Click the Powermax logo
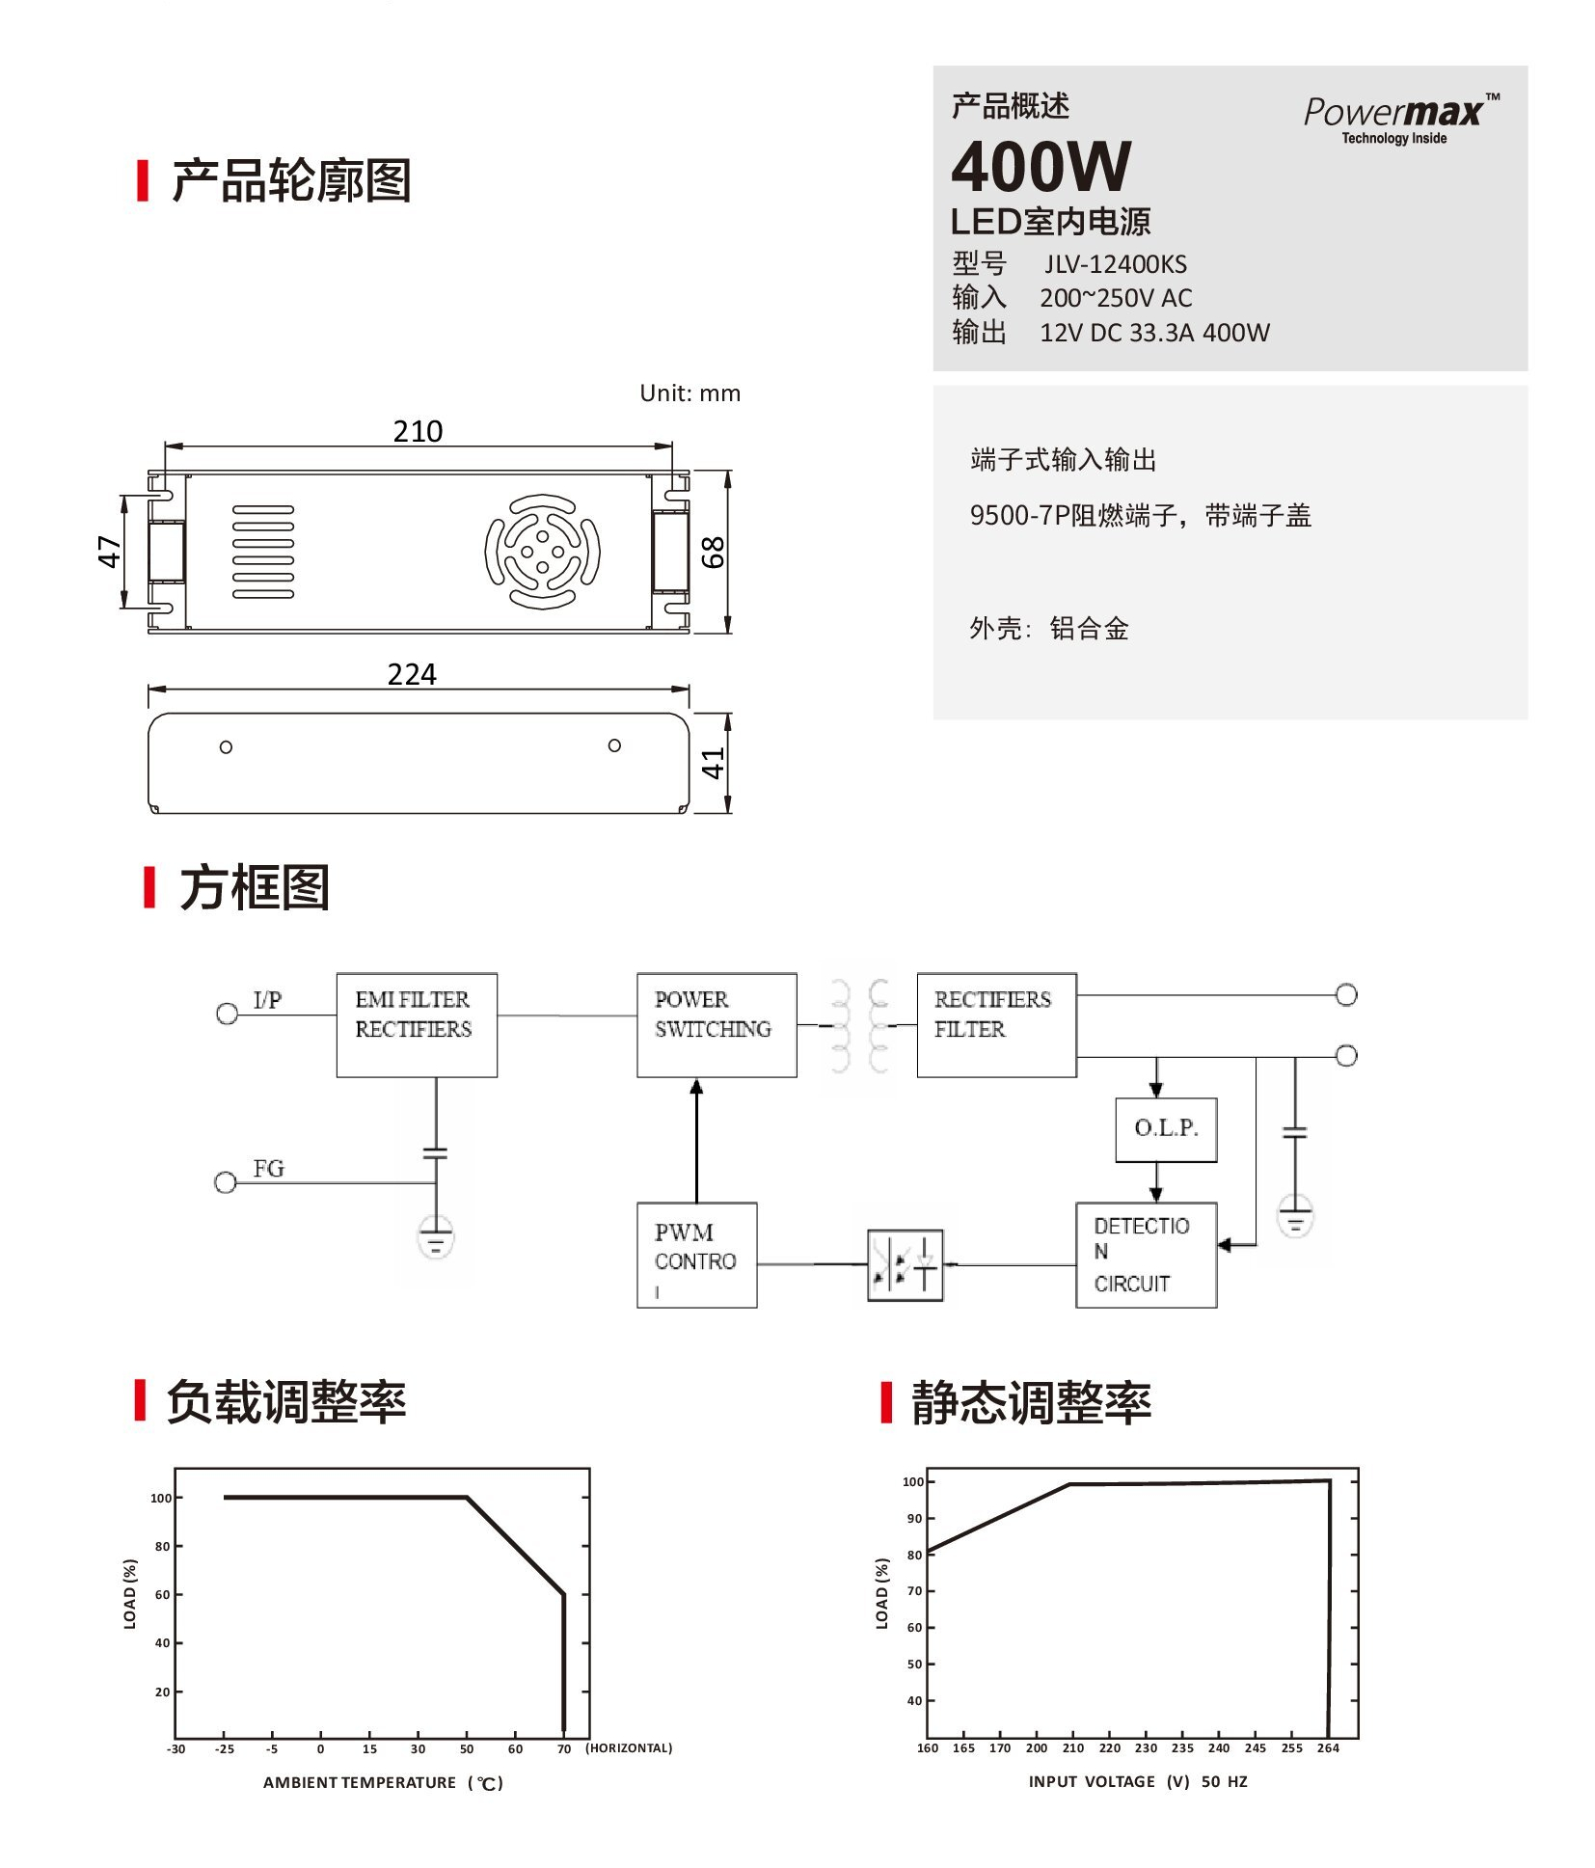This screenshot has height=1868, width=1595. (1401, 119)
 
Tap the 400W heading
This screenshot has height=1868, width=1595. (1041, 167)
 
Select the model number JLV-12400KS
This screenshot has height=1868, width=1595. (1115, 264)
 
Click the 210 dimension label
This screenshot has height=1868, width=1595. (418, 431)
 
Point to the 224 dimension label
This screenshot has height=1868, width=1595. (412, 674)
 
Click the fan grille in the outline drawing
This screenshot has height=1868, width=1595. (542, 552)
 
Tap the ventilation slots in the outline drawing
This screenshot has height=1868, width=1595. (263, 552)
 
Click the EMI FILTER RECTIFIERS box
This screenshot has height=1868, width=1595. (417, 1024)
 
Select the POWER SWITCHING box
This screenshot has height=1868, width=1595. (716, 1024)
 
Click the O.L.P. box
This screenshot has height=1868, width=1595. (1166, 1129)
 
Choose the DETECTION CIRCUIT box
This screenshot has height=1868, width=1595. (1147, 1255)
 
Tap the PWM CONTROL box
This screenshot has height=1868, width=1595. (697, 1255)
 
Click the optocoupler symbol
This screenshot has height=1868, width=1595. (905, 1264)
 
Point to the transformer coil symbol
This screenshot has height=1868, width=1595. (858, 1026)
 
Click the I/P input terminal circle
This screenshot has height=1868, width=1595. (227, 1014)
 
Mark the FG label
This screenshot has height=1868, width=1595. (269, 1169)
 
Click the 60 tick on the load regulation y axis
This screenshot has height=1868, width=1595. (162, 1595)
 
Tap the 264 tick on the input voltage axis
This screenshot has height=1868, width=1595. (1328, 1747)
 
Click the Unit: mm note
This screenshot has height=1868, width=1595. (689, 393)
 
